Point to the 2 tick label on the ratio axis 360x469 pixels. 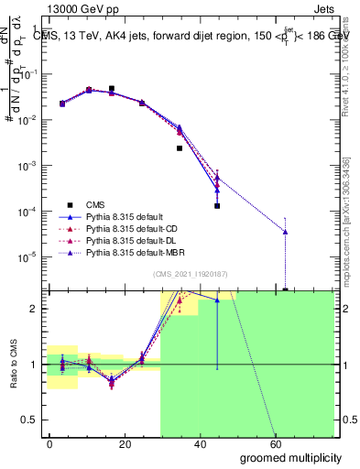(34, 309)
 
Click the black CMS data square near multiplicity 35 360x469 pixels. (180, 147)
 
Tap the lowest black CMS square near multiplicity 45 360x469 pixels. (217, 206)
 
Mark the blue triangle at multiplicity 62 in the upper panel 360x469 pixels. (286, 232)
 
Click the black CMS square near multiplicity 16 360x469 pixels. (112, 89)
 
